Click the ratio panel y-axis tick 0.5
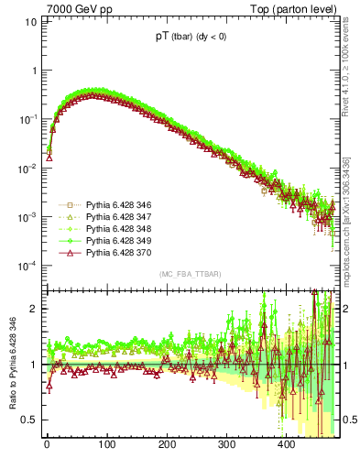coord(31,420)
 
